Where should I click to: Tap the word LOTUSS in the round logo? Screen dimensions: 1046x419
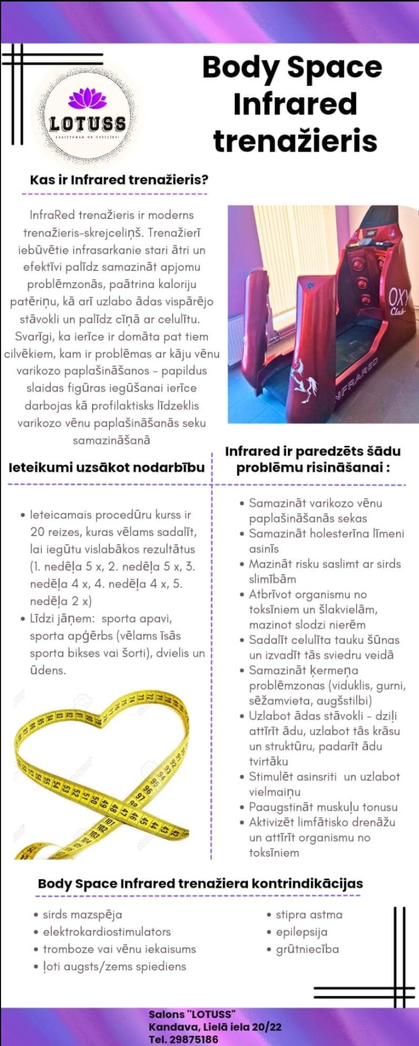[x=87, y=124]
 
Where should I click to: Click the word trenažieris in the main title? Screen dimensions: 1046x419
[x=295, y=141]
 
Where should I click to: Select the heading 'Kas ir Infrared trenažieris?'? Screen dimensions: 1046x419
[x=119, y=180]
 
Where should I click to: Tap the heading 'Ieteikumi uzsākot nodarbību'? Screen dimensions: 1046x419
[x=107, y=467]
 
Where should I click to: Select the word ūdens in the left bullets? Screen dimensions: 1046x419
[x=48, y=670]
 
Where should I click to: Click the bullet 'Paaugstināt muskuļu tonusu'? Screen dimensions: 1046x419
[x=323, y=807]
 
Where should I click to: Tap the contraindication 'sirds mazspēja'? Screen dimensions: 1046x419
[x=82, y=915]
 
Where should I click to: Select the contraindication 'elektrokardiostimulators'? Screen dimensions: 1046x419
[x=107, y=932]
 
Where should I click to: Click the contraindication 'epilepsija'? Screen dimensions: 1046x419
[x=301, y=932]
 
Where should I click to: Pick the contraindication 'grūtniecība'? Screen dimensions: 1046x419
[x=307, y=949]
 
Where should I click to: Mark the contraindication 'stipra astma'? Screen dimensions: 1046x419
[x=309, y=915]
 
